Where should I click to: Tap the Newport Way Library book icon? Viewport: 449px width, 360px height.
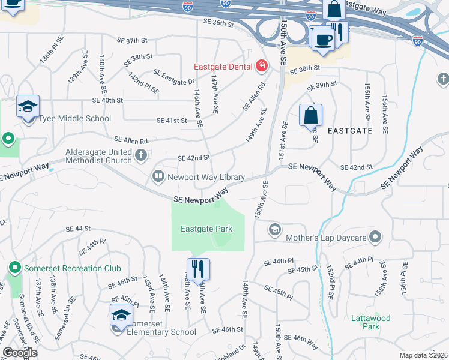point(158,176)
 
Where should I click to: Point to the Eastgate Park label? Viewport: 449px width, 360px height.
point(206,229)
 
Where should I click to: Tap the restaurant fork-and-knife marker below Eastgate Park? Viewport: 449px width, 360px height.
point(196,268)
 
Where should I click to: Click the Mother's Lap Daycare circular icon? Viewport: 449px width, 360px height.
point(376,238)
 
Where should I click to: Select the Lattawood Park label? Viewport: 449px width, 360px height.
point(372,322)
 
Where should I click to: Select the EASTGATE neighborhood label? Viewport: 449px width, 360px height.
point(350,130)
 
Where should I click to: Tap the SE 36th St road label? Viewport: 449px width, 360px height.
point(218,23)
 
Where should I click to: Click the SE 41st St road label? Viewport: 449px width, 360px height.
point(172,121)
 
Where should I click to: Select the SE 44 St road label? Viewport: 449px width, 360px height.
point(79,229)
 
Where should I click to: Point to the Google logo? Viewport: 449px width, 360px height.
point(19,353)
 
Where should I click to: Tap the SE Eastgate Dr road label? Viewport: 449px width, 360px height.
point(174,77)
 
